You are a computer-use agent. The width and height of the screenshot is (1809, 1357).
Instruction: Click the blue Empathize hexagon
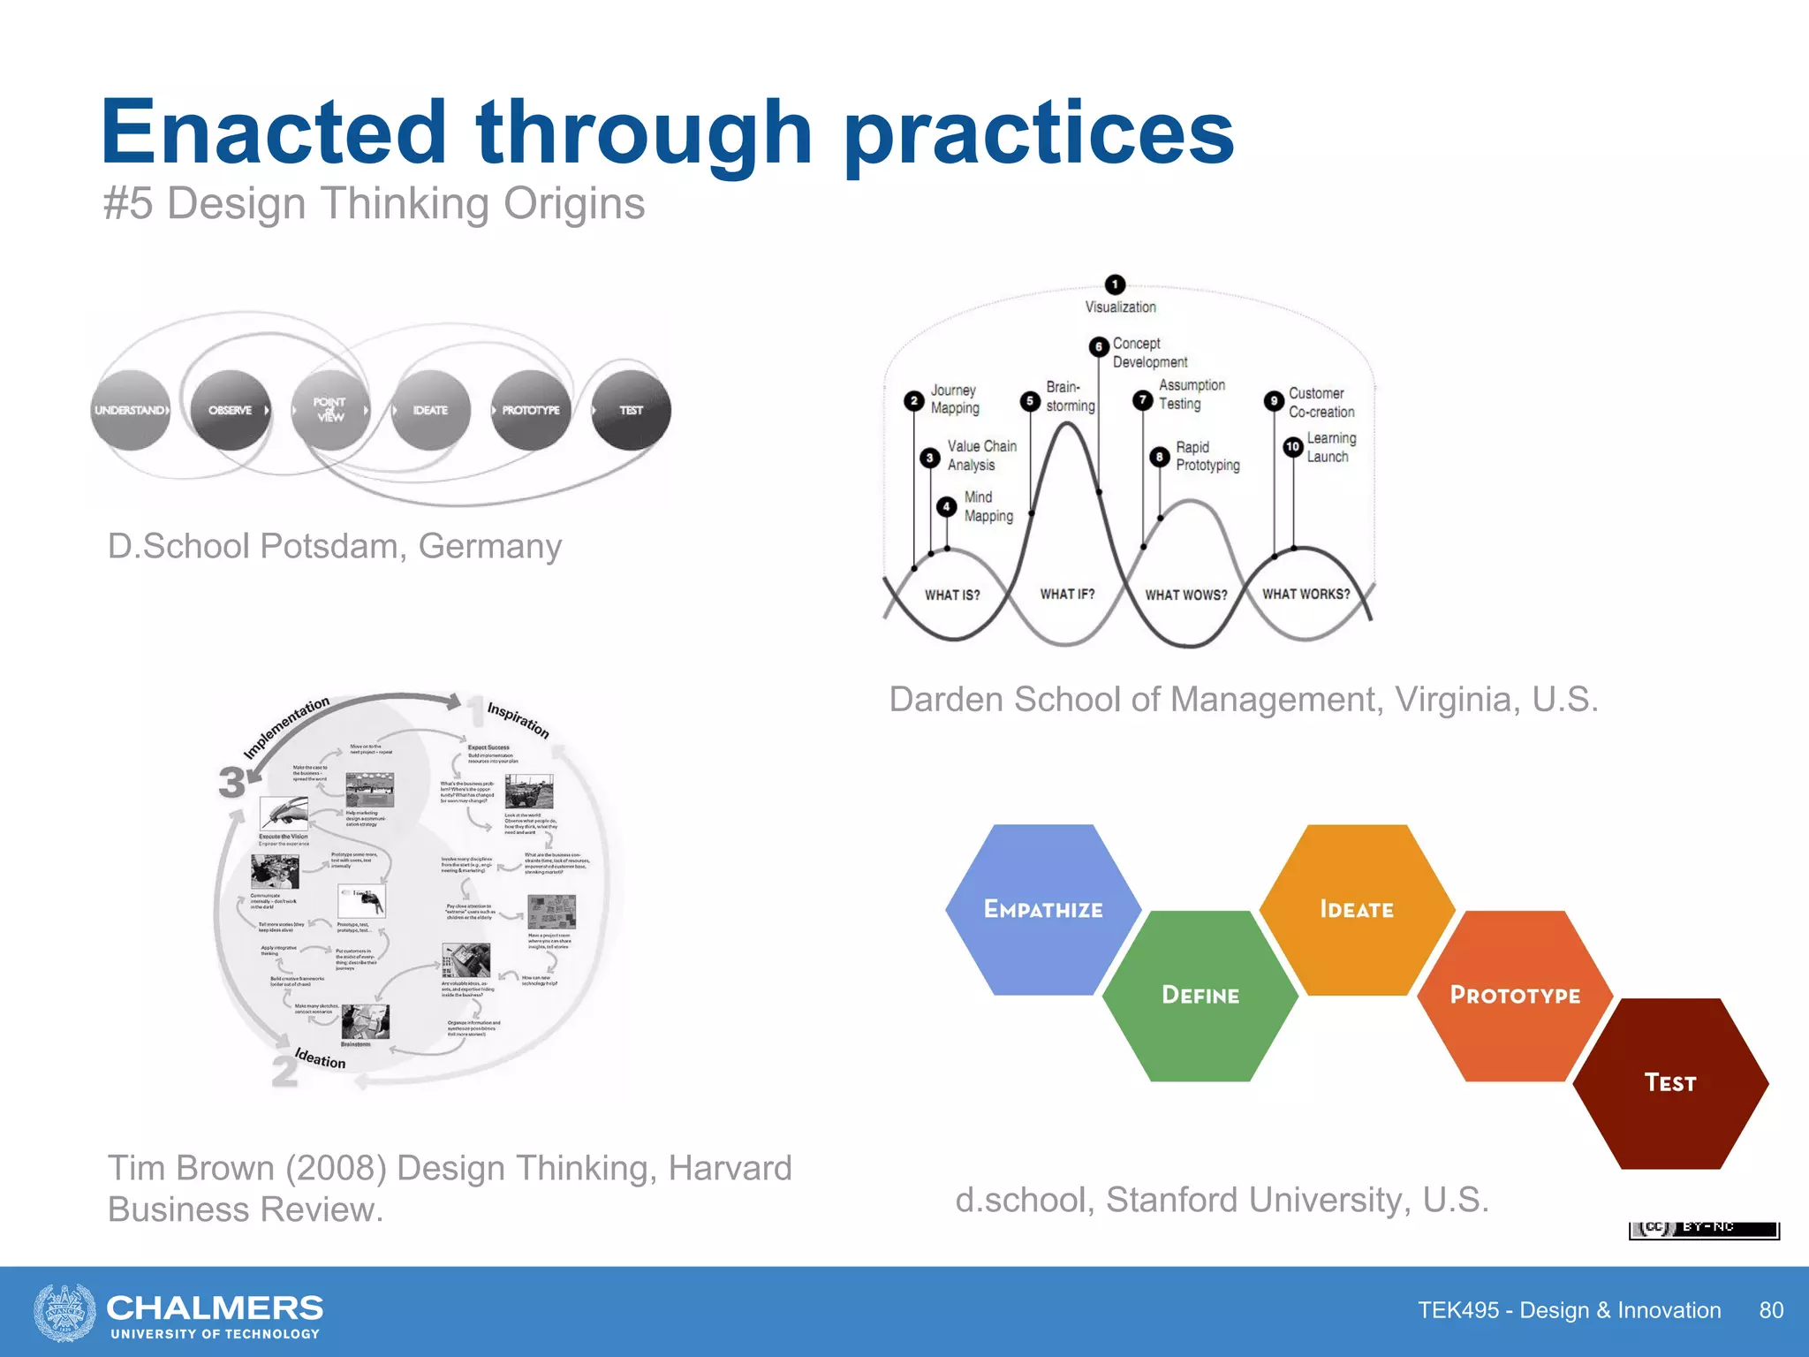pyautogui.click(x=1042, y=910)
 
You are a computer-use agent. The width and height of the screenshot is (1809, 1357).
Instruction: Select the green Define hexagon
pyautogui.click(x=1200, y=996)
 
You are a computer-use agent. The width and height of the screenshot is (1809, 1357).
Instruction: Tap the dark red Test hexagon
pyautogui.click(x=1669, y=1083)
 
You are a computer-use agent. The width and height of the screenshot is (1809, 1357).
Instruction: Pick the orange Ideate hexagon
pyautogui.click(x=1357, y=910)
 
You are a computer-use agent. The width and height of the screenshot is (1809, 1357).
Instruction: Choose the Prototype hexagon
pyautogui.click(x=1515, y=996)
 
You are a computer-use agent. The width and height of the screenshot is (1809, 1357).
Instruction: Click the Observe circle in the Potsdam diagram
pyautogui.click(x=231, y=410)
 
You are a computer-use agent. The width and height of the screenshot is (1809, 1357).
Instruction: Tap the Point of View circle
pyautogui.click(x=330, y=410)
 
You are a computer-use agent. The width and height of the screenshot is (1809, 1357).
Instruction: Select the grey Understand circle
pyautogui.click(x=130, y=410)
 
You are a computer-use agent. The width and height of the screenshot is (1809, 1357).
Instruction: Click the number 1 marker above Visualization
pyautogui.click(x=1115, y=284)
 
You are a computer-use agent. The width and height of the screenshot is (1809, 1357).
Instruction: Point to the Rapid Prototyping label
pyautogui.click(x=1207, y=456)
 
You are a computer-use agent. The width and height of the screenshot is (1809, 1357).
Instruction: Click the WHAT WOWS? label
pyautogui.click(x=1185, y=595)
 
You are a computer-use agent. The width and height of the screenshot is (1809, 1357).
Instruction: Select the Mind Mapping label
pyautogui.click(x=988, y=506)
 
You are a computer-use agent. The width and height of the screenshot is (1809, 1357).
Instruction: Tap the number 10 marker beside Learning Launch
pyautogui.click(x=1292, y=447)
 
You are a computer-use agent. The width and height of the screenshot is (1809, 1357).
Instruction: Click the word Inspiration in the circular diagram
pyautogui.click(x=518, y=720)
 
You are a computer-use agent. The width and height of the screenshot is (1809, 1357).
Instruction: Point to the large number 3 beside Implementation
pyautogui.click(x=232, y=782)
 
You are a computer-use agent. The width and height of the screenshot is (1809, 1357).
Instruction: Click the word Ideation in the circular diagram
pyautogui.click(x=320, y=1058)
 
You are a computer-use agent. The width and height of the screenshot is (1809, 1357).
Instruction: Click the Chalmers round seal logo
pyautogui.click(x=64, y=1312)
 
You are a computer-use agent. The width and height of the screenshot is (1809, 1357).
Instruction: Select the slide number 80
pyautogui.click(x=1770, y=1310)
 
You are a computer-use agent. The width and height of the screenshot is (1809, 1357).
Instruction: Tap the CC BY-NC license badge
pyautogui.click(x=1703, y=1229)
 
